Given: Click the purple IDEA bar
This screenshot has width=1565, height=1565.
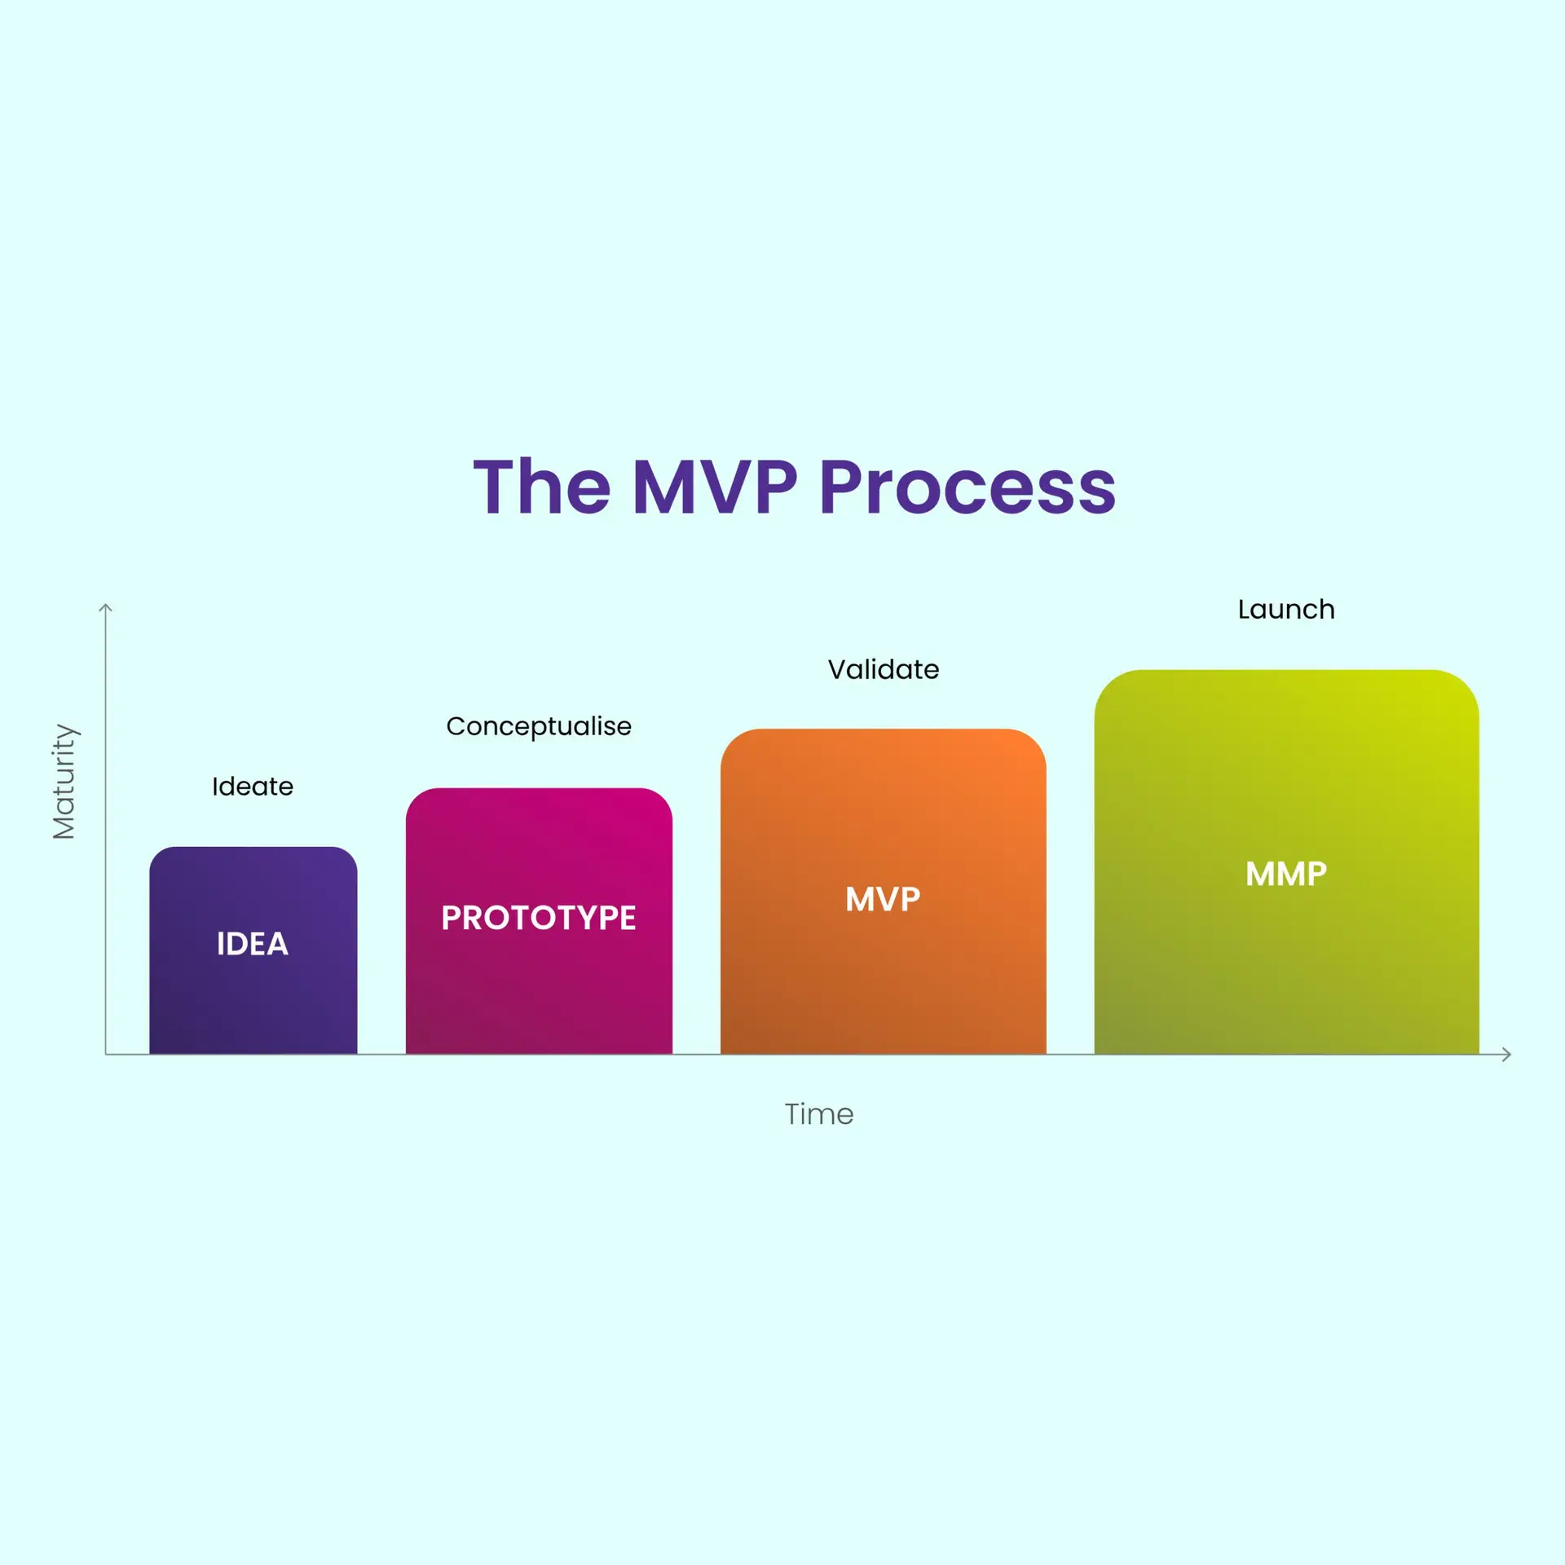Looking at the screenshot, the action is click(x=253, y=950).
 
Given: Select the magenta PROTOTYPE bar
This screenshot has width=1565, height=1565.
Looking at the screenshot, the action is click(x=539, y=921).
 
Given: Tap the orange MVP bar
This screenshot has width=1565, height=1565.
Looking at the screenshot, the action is click(x=883, y=892).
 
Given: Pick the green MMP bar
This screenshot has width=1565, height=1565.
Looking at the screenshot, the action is click(x=1286, y=862).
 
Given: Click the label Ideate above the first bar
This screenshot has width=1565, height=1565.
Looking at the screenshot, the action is click(x=253, y=787).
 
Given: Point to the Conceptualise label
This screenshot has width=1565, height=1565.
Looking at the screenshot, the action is click(x=539, y=727).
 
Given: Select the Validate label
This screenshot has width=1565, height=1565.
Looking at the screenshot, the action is click(x=884, y=669).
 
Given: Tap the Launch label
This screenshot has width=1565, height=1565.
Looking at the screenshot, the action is click(x=1286, y=609).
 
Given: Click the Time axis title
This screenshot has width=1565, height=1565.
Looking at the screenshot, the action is click(x=819, y=1114).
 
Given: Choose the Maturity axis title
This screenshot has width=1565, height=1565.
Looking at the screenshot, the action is click(x=64, y=781).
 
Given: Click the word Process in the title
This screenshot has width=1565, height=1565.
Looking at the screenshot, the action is click(x=968, y=487).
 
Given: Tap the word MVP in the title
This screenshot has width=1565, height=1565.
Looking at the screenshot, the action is click(x=715, y=487).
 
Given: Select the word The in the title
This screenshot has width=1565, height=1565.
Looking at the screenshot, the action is click(x=542, y=487).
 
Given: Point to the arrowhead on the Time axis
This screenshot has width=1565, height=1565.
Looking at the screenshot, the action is click(x=1506, y=1055).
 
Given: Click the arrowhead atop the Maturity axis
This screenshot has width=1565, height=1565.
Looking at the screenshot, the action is click(x=105, y=608).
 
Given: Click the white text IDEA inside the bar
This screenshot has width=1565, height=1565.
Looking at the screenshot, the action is click(x=253, y=944).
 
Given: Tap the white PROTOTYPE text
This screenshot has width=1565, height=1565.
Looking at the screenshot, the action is click(x=539, y=918).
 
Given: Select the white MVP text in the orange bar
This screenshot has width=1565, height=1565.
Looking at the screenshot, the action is click(x=883, y=899).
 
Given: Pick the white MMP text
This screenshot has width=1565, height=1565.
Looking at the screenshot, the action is click(x=1286, y=874).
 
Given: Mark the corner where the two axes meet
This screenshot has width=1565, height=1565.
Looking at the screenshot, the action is click(x=105, y=1055).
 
